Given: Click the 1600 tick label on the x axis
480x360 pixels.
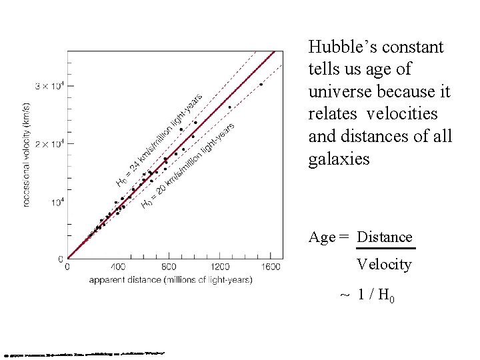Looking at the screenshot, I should (271, 267).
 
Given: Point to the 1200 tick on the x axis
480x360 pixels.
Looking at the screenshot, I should (219, 267).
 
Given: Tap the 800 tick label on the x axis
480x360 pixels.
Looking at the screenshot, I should (169, 267).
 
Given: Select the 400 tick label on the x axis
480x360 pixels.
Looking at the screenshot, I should (118, 267).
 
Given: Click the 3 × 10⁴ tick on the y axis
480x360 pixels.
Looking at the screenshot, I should (50, 86).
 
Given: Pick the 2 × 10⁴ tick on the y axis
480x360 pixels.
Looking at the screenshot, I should (50, 143).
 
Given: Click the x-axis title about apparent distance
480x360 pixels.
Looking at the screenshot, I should (171, 280).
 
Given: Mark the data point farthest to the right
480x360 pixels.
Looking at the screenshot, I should (261, 85).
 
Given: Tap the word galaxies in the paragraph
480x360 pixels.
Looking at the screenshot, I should (339, 159).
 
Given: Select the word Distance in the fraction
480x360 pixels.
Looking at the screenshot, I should (385, 237).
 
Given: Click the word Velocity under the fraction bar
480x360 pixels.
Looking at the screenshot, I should (384, 265).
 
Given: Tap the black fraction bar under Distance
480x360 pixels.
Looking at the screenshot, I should (385, 249).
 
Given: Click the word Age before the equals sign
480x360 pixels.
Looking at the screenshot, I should (323, 237).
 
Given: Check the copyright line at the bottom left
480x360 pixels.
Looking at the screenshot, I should (83, 353).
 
